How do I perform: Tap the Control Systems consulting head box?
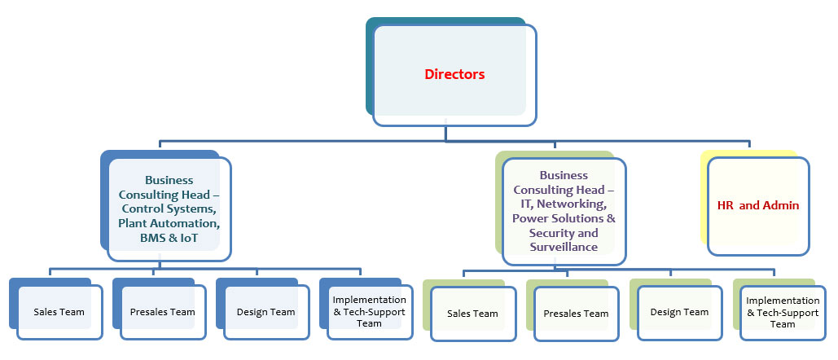169,209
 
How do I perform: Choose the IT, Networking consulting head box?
564,211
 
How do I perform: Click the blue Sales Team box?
59,312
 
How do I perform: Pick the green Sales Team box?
473,314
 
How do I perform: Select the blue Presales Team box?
163,312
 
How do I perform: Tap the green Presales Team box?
576,314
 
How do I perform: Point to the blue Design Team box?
266,312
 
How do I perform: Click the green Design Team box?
680,312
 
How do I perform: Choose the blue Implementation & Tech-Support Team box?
369,312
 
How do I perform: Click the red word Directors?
454,75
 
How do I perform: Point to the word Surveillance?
564,247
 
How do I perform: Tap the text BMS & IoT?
169,238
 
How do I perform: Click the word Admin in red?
781,206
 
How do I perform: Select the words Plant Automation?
169,223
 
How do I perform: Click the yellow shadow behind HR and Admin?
704,195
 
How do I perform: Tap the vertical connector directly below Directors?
446,134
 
